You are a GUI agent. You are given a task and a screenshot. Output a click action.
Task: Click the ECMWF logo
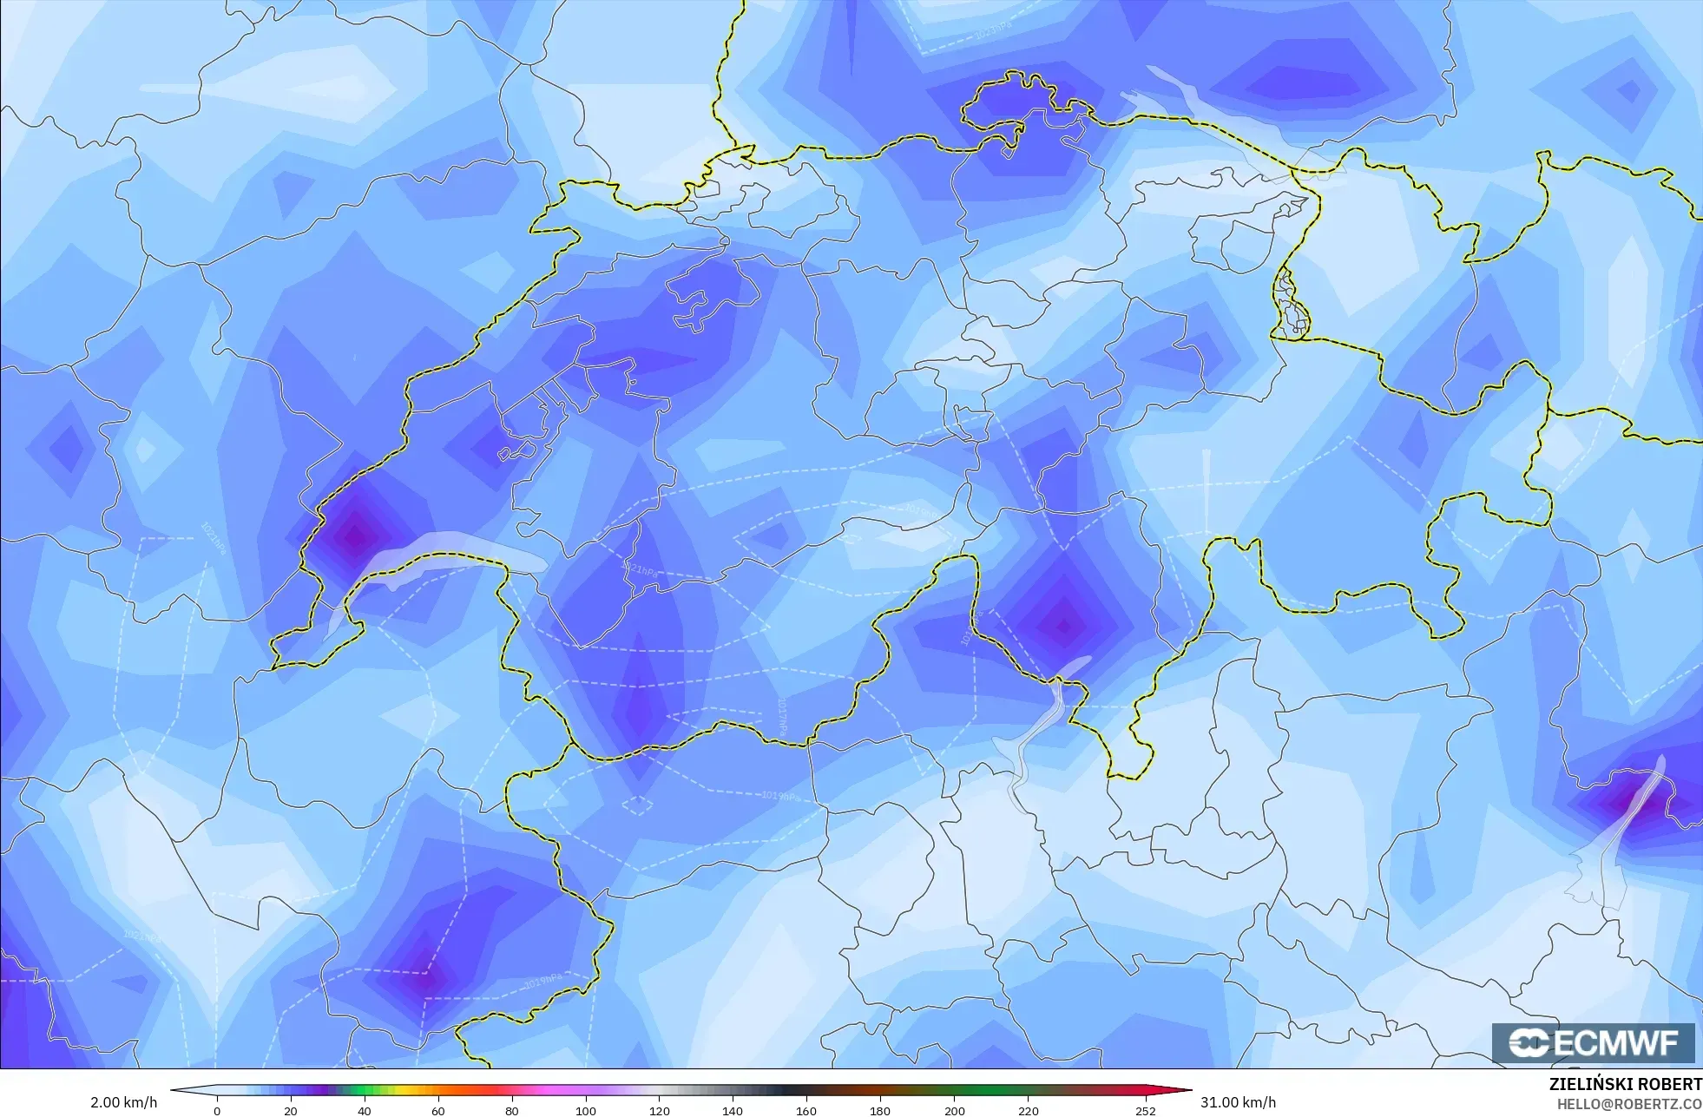pos(1593,1042)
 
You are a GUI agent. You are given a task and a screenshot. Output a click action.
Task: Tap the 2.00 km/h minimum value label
pos(124,1102)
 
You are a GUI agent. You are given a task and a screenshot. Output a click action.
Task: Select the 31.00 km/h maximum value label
pos(1238,1102)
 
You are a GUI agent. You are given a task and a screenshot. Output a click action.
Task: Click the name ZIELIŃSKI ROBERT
pos(1625,1084)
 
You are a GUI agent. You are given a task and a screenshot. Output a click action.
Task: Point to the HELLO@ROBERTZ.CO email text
pos(1628,1104)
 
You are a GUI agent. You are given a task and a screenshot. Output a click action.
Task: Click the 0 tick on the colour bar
pos(217,1111)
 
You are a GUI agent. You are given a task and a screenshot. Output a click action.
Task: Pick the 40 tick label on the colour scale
pos(365,1111)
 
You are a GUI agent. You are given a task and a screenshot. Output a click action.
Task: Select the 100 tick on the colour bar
pos(586,1111)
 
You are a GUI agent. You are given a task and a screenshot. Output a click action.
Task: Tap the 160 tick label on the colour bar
pos(806,1111)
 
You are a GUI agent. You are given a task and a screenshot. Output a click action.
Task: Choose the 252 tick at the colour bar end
pos(1146,1111)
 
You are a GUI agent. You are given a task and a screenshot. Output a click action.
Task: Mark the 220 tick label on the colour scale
pos(1028,1111)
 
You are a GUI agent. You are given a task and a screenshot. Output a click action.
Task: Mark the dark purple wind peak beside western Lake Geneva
pos(355,535)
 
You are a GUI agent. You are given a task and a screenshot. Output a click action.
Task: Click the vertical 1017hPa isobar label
pos(782,717)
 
